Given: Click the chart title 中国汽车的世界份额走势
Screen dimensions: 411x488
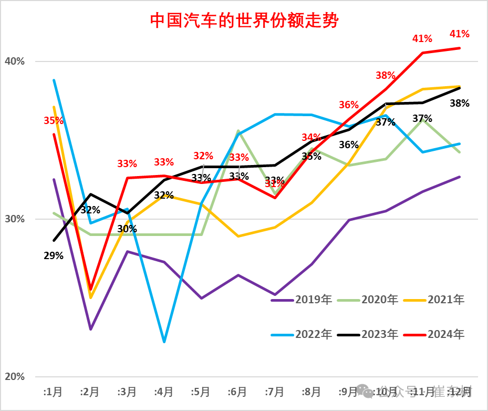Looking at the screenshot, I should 244,20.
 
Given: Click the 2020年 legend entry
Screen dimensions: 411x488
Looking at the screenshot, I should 379,300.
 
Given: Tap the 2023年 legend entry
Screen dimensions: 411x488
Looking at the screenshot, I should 379,334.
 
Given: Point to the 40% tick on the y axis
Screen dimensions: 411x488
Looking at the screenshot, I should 15,61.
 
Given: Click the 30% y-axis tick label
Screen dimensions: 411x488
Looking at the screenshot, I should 15,219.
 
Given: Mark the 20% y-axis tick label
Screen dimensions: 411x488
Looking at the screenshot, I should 15,377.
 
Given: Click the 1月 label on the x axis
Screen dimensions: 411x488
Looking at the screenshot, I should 53,392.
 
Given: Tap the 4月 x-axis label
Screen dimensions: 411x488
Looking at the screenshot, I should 164,392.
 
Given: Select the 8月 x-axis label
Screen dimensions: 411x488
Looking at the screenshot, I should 312,392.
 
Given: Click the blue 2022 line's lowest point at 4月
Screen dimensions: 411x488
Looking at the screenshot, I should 164,342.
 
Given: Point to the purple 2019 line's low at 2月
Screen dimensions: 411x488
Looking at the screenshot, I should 90,330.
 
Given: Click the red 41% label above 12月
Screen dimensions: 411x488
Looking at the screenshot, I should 460,34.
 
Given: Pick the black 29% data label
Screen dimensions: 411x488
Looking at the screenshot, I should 54,256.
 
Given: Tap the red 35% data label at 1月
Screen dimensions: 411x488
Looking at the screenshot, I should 53,120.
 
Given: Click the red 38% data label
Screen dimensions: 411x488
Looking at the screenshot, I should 386,75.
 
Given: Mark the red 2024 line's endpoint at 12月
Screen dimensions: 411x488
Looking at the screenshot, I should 460,48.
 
